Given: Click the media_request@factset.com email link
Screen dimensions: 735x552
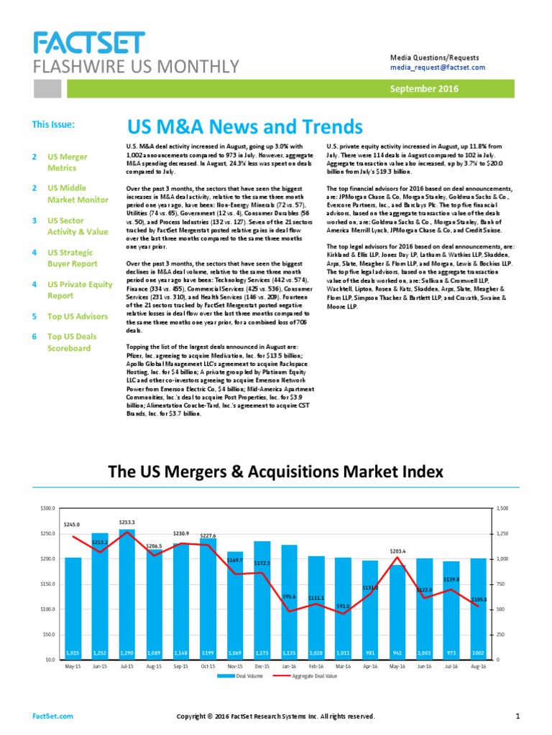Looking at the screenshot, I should pyautogui.click(x=437, y=67).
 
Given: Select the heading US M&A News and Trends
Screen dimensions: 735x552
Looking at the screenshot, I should pyautogui.click(x=245, y=127).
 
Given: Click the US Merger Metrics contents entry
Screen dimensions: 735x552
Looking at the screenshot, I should pyautogui.click(x=68, y=161).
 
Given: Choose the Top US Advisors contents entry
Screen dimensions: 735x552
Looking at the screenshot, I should pyautogui.click(x=78, y=316).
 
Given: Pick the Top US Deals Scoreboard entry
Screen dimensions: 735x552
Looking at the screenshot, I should pyautogui.click(x=69, y=342).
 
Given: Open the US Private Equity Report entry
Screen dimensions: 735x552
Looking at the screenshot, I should pyautogui.click(x=80, y=289).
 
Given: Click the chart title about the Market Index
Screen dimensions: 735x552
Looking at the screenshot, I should pyautogui.click(x=275, y=472).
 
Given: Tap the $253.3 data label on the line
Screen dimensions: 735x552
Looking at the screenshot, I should pyautogui.click(x=127, y=522).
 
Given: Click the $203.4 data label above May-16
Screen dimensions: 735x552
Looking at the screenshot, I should pyautogui.click(x=399, y=551).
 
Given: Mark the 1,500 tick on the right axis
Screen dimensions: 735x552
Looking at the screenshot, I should pyautogui.click(x=503, y=508).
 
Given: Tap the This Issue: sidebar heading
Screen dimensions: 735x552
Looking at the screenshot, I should pyautogui.click(x=53, y=124).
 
